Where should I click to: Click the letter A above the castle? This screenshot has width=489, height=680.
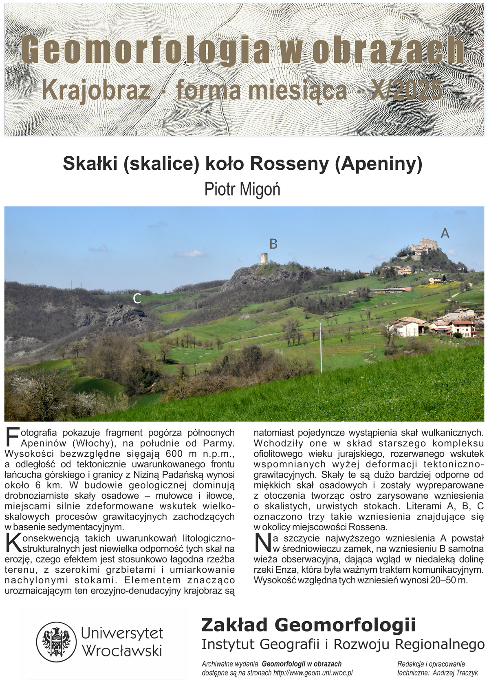(x=445, y=233)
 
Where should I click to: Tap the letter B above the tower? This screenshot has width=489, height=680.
(x=273, y=244)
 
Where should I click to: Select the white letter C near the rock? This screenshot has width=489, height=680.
(x=137, y=299)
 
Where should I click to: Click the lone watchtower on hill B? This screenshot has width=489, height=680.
(x=264, y=258)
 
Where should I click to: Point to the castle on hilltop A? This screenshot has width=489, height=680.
(x=424, y=246)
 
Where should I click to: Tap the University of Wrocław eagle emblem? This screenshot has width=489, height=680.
(x=53, y=642)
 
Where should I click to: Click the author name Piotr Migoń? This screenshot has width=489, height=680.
(x=242, y=189)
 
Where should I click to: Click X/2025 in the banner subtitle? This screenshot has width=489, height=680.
(x=407, y=91)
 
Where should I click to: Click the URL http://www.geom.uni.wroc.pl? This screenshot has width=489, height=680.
(x=313, y=673)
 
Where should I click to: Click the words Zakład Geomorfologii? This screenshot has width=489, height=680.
(x=308, y=625)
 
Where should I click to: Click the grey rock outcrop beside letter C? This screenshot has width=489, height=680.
(x=124, y=314)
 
